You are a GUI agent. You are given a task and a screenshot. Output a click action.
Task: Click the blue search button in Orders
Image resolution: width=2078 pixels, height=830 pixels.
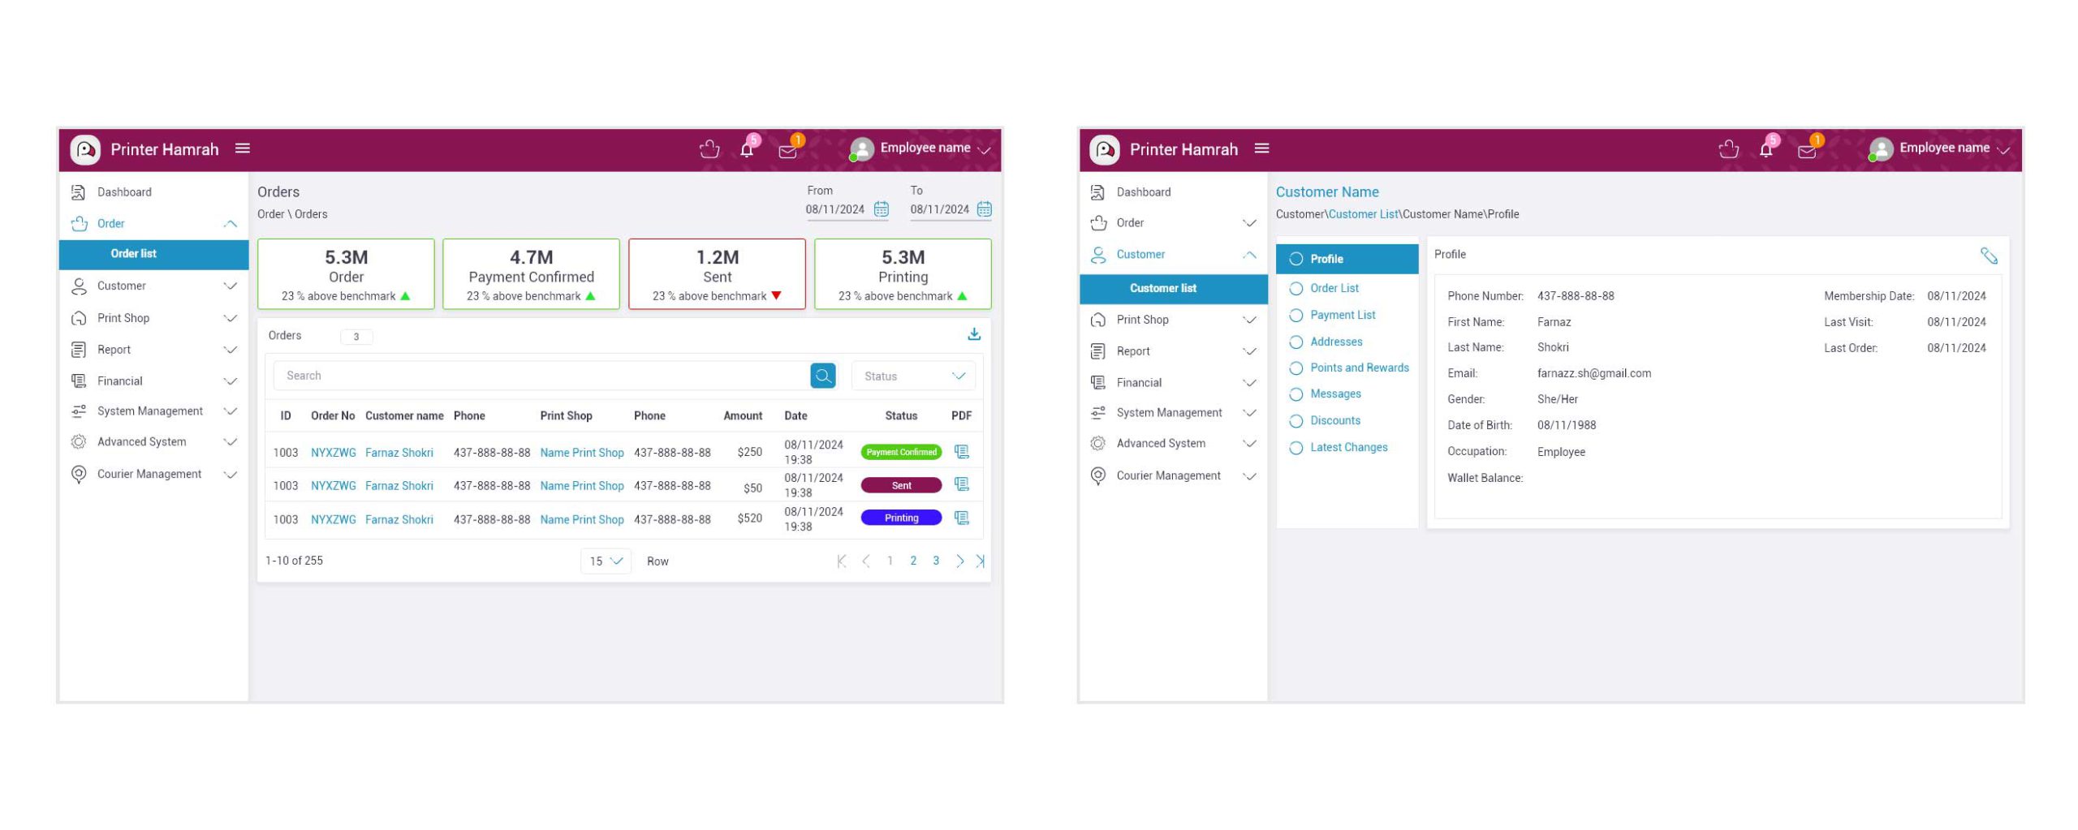822,376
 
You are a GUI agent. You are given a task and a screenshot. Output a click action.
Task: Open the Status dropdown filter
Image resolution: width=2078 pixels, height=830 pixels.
913,376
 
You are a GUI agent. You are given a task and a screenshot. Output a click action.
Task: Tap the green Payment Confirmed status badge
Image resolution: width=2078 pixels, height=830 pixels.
901,452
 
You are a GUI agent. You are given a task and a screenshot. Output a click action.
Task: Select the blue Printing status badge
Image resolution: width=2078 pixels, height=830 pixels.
901,518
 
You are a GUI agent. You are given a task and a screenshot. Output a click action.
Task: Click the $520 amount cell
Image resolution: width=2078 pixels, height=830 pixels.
749,518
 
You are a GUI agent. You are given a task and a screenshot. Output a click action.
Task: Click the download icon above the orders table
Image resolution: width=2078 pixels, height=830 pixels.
974,334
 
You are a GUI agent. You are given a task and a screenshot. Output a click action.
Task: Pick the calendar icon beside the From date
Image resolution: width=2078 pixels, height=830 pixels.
881,209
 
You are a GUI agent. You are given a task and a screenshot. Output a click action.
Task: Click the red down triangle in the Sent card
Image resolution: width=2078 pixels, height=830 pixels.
777,296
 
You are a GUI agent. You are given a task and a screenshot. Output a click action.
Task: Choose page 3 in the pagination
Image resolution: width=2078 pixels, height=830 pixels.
936,561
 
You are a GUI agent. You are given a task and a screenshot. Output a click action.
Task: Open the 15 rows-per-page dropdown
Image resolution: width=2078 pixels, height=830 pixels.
606,561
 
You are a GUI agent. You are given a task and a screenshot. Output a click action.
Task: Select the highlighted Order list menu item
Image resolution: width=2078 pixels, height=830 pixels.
134,254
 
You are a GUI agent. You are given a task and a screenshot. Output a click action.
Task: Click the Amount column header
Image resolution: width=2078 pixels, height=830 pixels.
743,415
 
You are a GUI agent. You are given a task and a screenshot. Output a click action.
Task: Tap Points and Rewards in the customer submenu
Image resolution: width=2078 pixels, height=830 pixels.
1359,368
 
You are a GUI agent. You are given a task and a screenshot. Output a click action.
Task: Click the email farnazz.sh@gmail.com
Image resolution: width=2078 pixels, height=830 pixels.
1593,373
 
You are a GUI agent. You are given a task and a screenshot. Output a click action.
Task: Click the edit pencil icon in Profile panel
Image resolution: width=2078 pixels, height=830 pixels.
1989,256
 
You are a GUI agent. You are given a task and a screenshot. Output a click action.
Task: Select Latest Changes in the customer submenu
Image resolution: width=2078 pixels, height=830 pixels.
1348,447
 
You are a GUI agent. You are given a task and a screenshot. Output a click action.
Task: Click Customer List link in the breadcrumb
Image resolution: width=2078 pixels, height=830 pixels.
1363,214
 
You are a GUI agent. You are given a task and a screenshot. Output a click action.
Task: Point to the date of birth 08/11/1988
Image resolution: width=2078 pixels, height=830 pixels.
1566,425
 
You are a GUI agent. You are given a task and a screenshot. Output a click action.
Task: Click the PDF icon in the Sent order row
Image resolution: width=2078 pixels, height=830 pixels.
962,484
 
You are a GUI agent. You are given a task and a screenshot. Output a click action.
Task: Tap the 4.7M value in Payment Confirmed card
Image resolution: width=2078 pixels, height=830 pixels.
531,257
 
